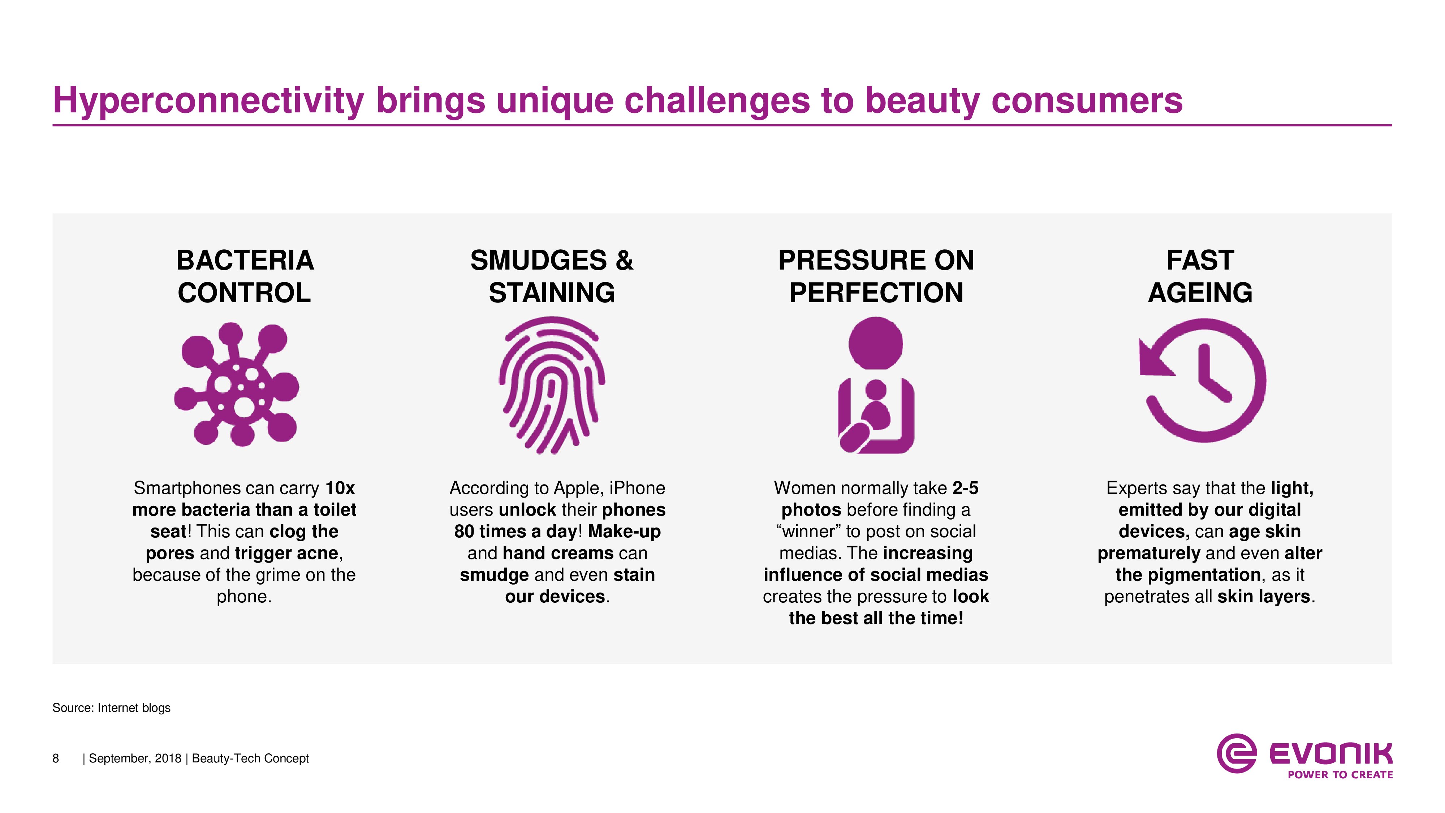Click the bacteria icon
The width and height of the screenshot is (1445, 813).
click(x=236, y=385)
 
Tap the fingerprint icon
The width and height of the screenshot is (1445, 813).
click(x=552, y=385)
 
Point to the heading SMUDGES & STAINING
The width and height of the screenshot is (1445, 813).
click(x=552, y=276)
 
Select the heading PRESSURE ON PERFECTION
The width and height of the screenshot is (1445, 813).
click(x=876, y=276)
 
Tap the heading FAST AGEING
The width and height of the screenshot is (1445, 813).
click(x=1200, y=276)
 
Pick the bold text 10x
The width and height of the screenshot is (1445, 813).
click(x=340, y=488)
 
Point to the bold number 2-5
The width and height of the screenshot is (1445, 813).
click(x=965, y=488)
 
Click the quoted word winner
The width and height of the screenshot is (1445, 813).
click(x=808, y=531)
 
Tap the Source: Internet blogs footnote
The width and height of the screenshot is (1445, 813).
click(x=112, y=708)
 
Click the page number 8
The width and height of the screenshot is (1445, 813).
click(x=56, y=758)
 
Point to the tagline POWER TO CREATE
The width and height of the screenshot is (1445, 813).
click(x=1340, y=775)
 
